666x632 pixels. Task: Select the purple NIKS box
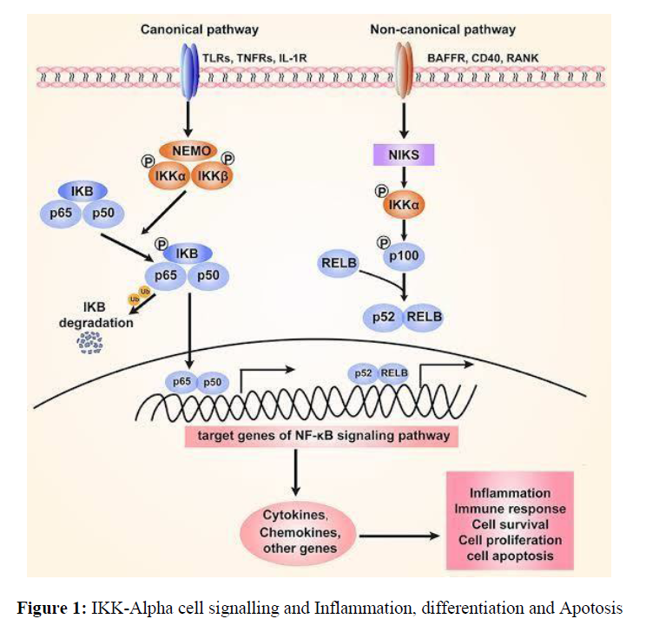[402, 155]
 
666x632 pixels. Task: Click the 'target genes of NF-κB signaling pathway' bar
[321, 435]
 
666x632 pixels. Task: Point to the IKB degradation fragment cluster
[90, 345]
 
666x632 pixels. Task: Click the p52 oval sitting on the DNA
[364, 373]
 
